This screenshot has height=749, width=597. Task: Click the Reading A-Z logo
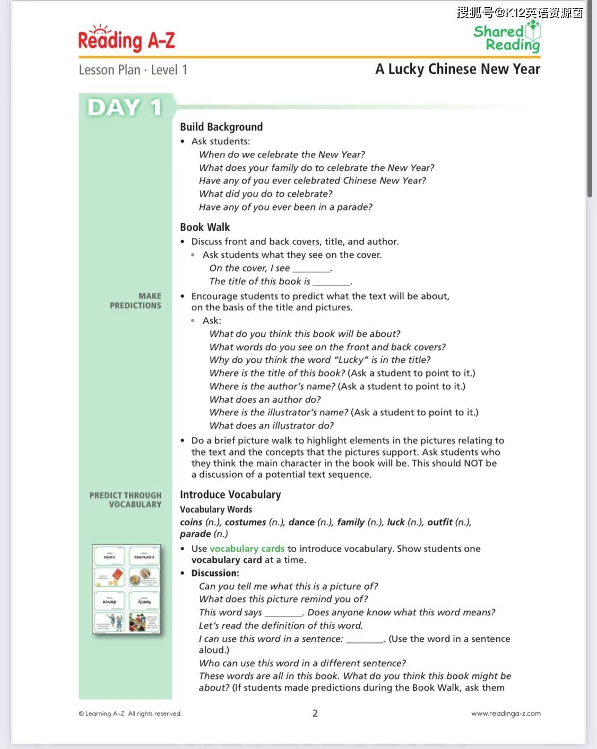coord(126,39)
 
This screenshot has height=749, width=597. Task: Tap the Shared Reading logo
coord(507,38)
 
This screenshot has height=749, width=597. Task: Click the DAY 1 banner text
coord(125,108)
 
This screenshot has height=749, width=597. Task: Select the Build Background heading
coord(221,127)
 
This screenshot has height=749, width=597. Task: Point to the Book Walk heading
coord(205,227)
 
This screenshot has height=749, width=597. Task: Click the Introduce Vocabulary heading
coord(230,494)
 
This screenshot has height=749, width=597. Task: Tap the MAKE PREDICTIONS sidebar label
coord(136,301)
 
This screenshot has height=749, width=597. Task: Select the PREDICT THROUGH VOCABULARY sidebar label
coord(126,500)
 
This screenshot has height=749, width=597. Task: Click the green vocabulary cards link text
coord(247,548)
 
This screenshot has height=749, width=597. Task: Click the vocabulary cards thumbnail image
coord(126,589)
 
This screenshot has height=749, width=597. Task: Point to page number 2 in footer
coord(315,713)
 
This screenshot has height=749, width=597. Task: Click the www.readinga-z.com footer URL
coord(506,713)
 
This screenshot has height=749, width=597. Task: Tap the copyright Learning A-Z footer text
coord(130,713)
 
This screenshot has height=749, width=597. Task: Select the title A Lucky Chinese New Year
coord(457,69)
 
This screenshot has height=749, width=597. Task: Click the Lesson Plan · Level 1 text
coord(133,70)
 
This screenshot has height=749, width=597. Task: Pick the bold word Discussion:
coord(215,573)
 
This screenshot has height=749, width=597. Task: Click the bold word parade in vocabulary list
coord(195,534)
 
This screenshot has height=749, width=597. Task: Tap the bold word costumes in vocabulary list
coord(245,522)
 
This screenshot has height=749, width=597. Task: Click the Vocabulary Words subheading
coord(216,509)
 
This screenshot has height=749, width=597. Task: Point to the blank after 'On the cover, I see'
coord(312,269)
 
